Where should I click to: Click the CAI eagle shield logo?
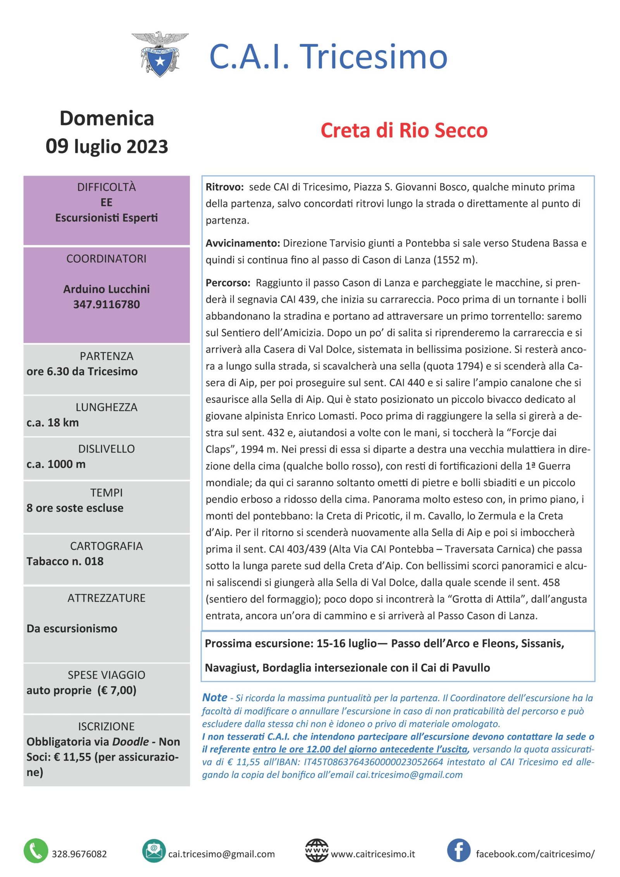160,54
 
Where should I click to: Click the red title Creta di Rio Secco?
404,131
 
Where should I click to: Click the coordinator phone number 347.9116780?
107,304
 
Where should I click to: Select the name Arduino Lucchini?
107,289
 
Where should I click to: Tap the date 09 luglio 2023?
107,146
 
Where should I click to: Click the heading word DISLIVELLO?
107,449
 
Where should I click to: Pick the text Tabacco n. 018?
65,561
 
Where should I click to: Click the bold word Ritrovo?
224,187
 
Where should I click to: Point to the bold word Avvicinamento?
243,243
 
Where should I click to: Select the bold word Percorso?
228,283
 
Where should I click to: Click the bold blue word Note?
215,697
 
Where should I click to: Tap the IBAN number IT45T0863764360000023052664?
373,762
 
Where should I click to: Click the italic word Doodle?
130,741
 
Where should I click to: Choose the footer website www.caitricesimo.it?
373,854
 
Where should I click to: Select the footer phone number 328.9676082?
79,854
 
